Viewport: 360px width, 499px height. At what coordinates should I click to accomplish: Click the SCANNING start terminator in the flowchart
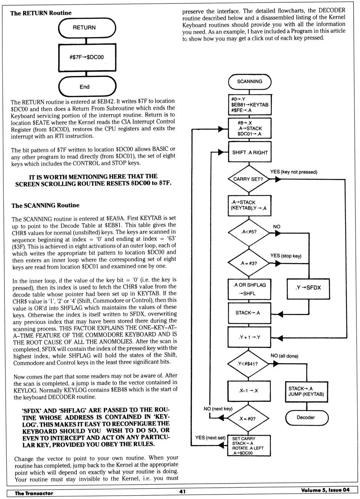249,81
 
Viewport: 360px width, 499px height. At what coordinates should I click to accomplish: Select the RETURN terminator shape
87,28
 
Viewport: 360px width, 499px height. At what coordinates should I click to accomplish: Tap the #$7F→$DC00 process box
87,57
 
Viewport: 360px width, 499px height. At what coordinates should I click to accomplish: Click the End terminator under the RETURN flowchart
87,87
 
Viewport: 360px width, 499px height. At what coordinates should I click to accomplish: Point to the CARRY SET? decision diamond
249,179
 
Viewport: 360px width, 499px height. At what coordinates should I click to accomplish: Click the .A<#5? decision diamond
249,232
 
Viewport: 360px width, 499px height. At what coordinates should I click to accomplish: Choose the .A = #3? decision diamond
249,263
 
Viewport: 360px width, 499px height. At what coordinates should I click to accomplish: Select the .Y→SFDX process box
308,288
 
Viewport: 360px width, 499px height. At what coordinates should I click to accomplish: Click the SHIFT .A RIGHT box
250,152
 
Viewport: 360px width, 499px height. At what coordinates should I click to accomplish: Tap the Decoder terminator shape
307,418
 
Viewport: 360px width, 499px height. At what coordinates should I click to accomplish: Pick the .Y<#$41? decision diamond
248,364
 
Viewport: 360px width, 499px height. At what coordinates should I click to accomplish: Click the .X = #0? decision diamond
248,419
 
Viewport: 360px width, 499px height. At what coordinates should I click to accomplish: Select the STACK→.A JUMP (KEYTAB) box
306,392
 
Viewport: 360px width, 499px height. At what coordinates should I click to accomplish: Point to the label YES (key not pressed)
294,172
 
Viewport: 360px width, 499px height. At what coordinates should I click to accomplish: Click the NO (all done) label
284,356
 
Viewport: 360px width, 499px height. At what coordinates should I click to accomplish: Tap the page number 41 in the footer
182,491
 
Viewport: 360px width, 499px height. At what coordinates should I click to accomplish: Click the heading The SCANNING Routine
45,205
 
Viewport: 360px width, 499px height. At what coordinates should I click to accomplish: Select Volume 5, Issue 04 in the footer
325,490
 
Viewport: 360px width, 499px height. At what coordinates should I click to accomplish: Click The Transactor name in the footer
34,493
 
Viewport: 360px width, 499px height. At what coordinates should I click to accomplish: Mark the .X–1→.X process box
249,391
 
